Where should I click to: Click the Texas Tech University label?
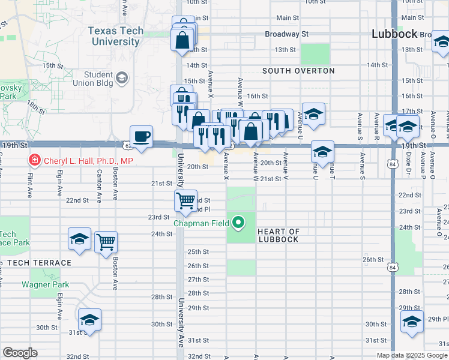[115, 36]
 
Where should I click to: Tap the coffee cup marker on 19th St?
[142, 136]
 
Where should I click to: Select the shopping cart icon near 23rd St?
[186, 200]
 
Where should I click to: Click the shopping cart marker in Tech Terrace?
[106, 242]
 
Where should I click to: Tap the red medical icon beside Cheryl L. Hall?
[35, 160]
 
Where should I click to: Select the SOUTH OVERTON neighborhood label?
[298, 71]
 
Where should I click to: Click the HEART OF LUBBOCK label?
[278, 236]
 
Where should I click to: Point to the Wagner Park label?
[46, 285]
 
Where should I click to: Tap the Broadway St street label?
[286, 34]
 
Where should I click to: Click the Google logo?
[20, 353]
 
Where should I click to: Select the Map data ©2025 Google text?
[411, 355]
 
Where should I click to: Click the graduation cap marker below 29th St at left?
[89, 319]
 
